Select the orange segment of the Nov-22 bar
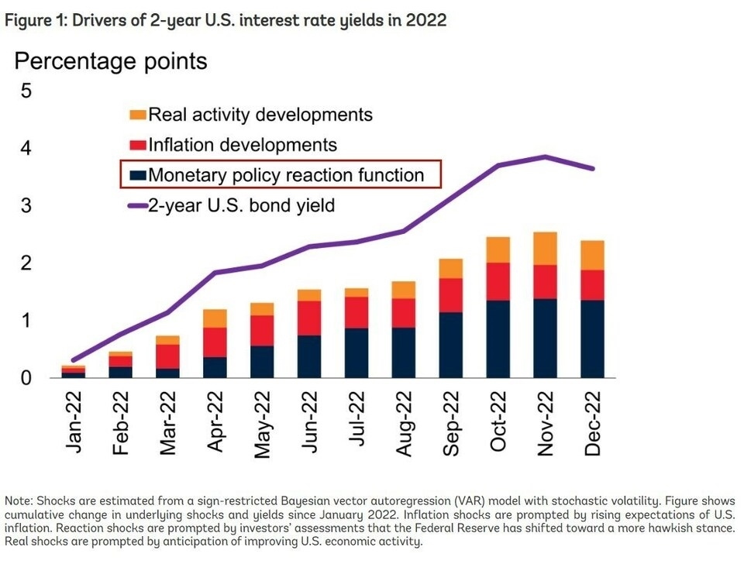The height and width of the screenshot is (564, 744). click(546, 248)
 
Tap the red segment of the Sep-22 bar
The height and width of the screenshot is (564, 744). click(451, 295)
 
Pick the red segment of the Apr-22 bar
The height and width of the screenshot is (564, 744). click(215, 342)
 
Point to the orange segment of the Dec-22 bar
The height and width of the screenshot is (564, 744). click(593, 255)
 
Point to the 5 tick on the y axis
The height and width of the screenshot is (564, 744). click(26, 91)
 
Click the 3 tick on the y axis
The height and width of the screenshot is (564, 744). click(26, 206)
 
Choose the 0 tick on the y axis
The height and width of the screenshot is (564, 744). click(26, 378)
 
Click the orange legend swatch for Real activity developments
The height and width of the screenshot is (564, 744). click(137, 115)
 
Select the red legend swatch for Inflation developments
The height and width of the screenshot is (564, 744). click(137, 145)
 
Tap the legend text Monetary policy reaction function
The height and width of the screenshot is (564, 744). click(286, 175)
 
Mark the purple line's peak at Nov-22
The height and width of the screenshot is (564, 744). click(546, 156)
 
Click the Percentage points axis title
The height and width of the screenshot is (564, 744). click(111, 61)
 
